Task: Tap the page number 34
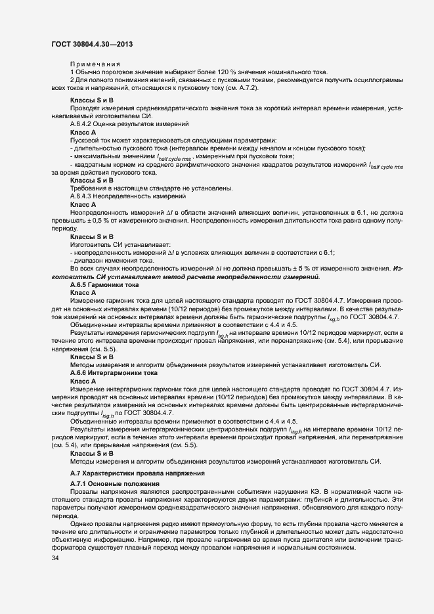[x=55, y=558]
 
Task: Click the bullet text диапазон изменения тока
[x=106, y=260]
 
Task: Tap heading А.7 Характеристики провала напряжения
[x=138, y=473]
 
